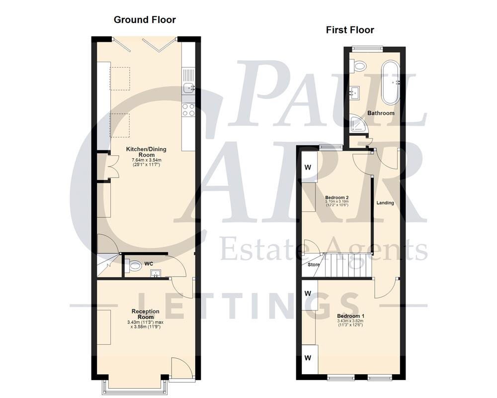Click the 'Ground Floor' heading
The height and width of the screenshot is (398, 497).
click(145, 20)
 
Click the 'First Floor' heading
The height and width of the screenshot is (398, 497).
click(350, 30)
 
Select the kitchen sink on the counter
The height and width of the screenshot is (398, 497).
click(188, 89)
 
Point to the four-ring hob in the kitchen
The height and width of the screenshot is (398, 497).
click(188, 109)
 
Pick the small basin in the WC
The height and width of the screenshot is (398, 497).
click(155, 273)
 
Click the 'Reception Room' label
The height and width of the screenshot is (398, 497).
click(146, 314)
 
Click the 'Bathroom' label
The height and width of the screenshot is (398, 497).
click(381, 113)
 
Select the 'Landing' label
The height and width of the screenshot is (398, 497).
click(385, 203)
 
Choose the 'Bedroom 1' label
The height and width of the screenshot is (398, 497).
click(350, 316)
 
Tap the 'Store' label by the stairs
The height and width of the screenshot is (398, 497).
click(314, 265)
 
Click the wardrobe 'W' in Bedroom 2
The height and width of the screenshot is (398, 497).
click(308, 167)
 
